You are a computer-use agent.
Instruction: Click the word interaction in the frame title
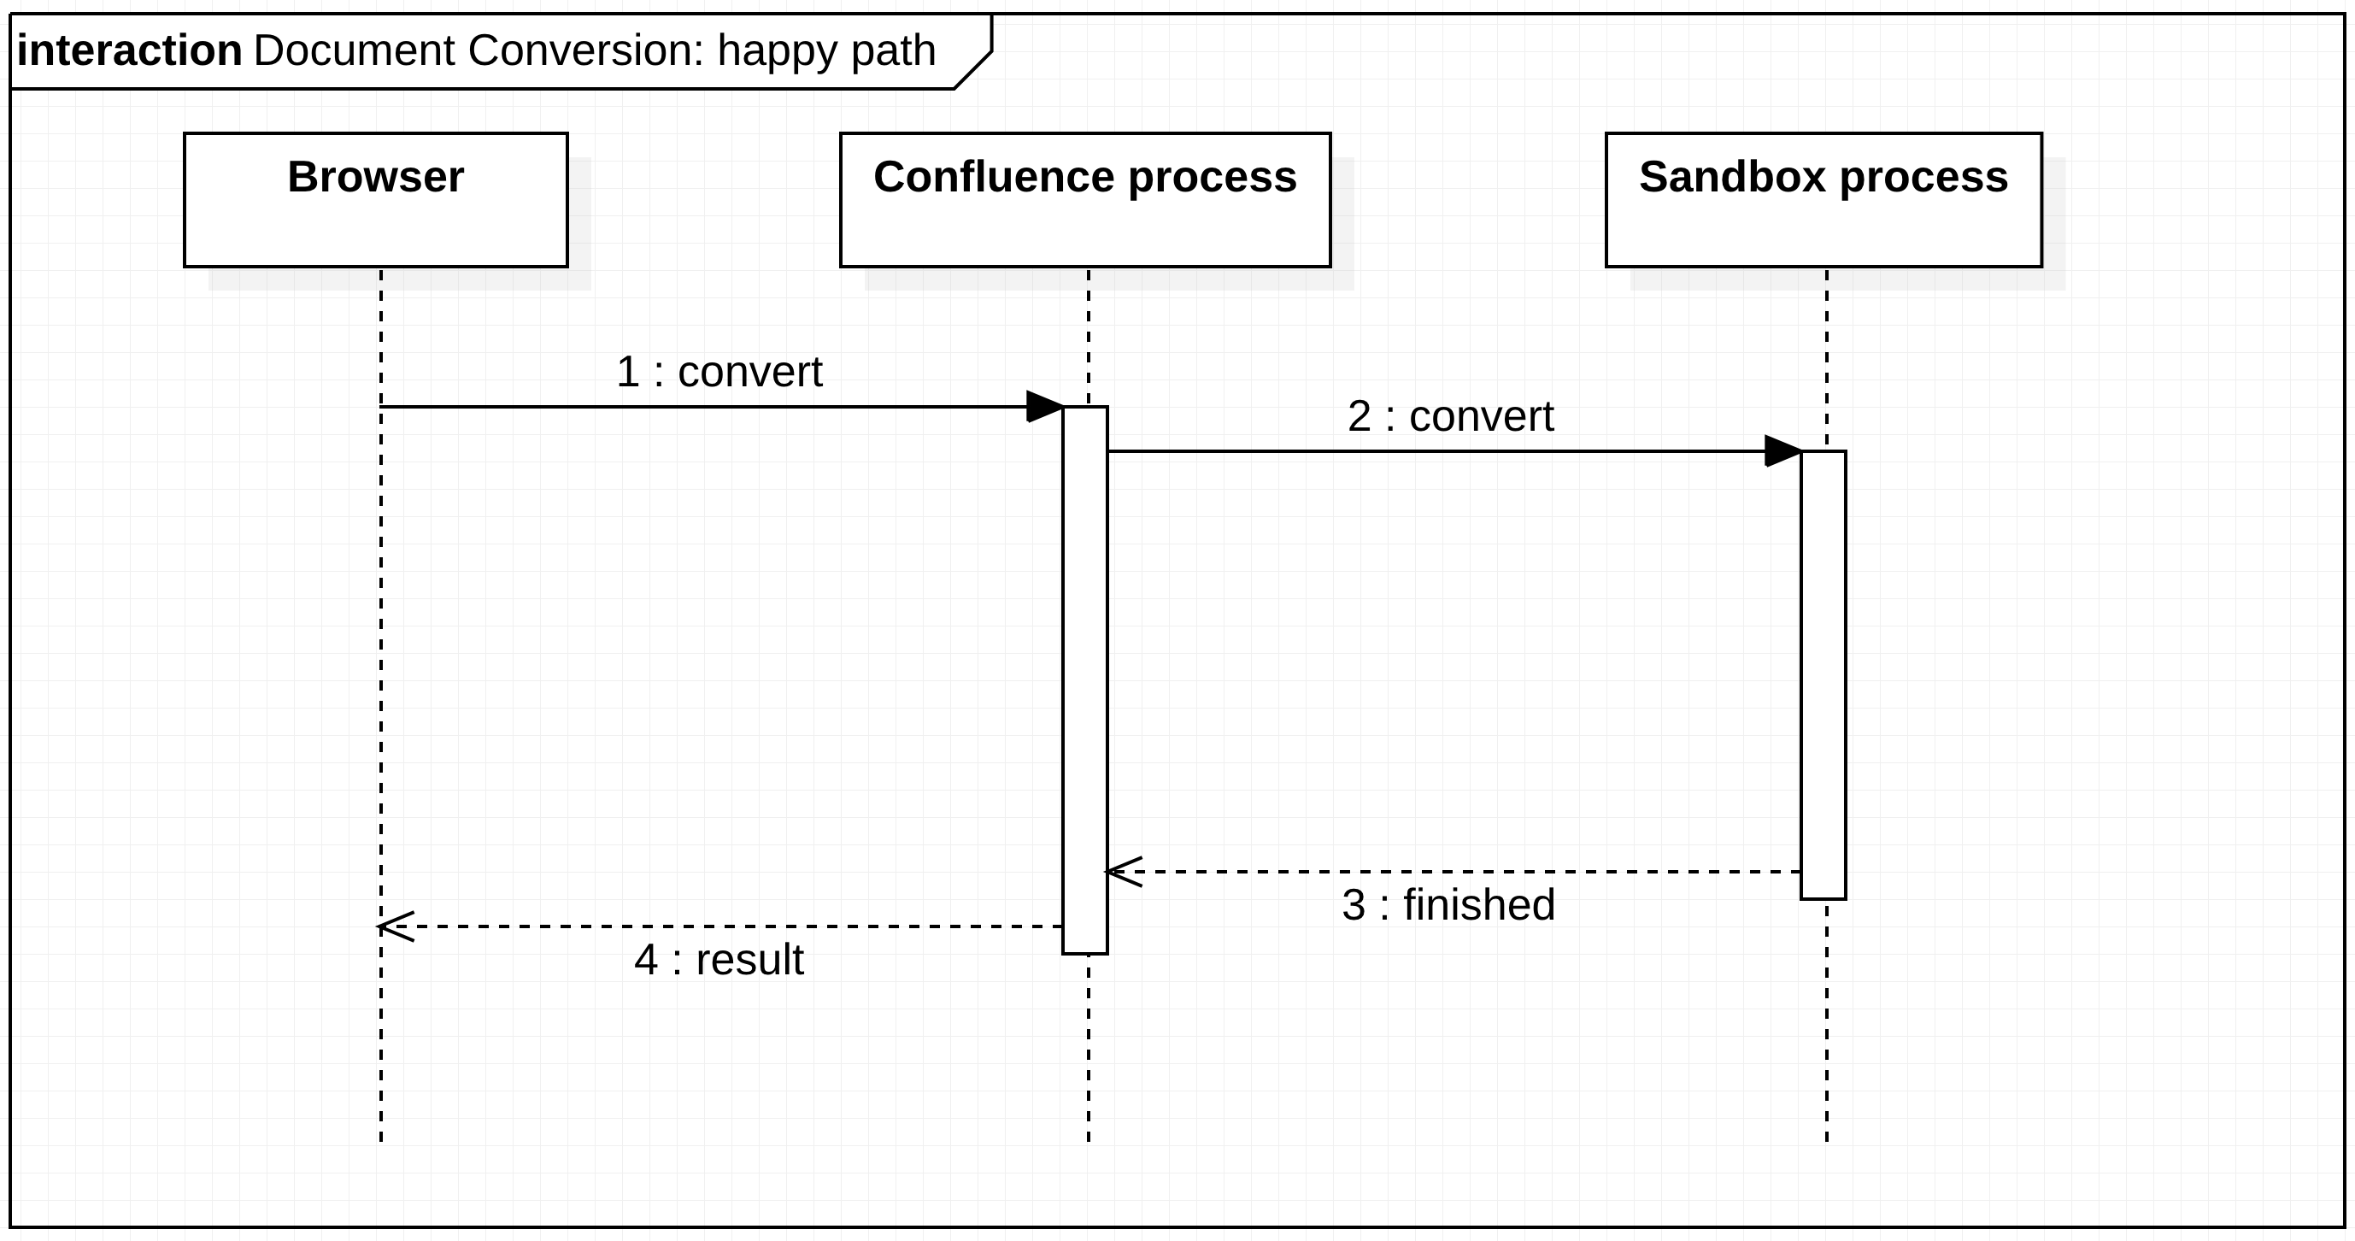130,50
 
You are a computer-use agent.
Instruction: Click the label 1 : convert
719,372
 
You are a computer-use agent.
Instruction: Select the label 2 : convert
1451,417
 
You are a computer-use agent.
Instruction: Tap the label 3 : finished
1448,905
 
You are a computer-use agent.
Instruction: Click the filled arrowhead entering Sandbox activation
1783,452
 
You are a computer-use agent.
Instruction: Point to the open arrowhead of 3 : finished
1123,873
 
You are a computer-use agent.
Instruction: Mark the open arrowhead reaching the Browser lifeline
396,927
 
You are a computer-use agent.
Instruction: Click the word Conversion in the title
586,50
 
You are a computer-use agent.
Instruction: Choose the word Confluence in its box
994,178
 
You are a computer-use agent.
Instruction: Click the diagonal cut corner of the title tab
973,70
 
